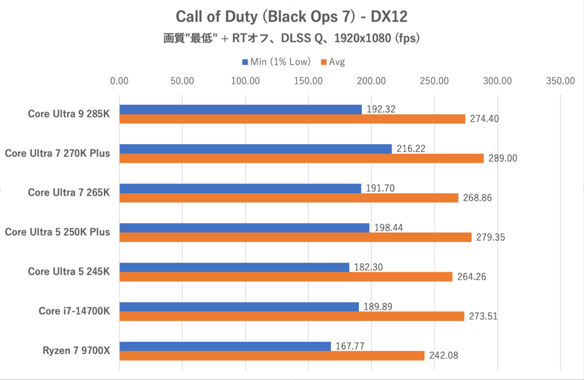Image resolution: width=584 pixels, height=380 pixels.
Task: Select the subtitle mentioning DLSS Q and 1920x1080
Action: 292,38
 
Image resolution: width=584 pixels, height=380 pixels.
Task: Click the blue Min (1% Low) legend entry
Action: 276,62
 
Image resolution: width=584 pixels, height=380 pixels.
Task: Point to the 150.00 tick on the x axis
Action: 309,81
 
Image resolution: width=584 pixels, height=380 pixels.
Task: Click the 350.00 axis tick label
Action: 561,81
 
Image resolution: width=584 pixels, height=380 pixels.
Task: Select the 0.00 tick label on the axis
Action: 119,81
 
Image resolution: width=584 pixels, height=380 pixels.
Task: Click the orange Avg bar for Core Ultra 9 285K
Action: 292,119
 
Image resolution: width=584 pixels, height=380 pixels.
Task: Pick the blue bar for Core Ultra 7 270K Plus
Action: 255,149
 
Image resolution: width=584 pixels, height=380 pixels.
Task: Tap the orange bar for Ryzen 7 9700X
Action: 272,356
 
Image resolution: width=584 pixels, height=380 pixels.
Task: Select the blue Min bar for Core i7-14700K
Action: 239,307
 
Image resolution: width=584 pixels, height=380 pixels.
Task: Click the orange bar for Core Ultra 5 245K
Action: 286,277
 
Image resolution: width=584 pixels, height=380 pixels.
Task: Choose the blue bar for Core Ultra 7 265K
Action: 240,188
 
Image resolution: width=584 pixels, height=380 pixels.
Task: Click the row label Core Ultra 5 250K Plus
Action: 57,232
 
